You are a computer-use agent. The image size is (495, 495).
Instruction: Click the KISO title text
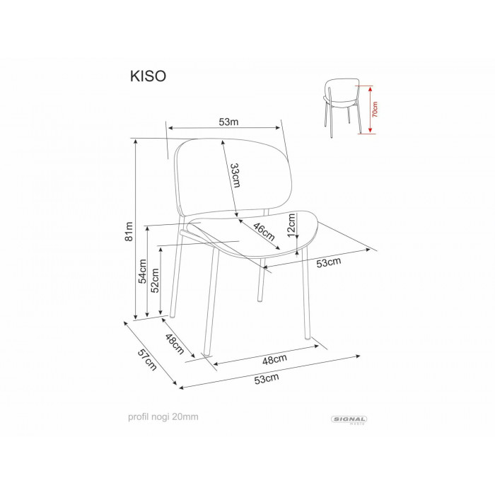[148, 76]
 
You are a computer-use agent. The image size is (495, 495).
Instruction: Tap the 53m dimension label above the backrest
[228, 122]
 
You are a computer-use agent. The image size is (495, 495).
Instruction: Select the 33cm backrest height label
[235, 175]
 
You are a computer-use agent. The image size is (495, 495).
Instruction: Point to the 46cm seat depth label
[264, 232]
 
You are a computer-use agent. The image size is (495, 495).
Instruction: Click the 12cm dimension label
[291, 224]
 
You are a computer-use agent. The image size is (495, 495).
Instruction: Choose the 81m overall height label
[129, 231]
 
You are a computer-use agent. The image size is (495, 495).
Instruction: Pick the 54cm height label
[143, 271]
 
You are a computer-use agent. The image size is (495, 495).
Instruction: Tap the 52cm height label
[155, 281]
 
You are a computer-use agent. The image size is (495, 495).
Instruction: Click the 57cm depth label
[147, 360]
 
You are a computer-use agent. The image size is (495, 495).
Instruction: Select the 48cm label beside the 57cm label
[175, 344]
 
